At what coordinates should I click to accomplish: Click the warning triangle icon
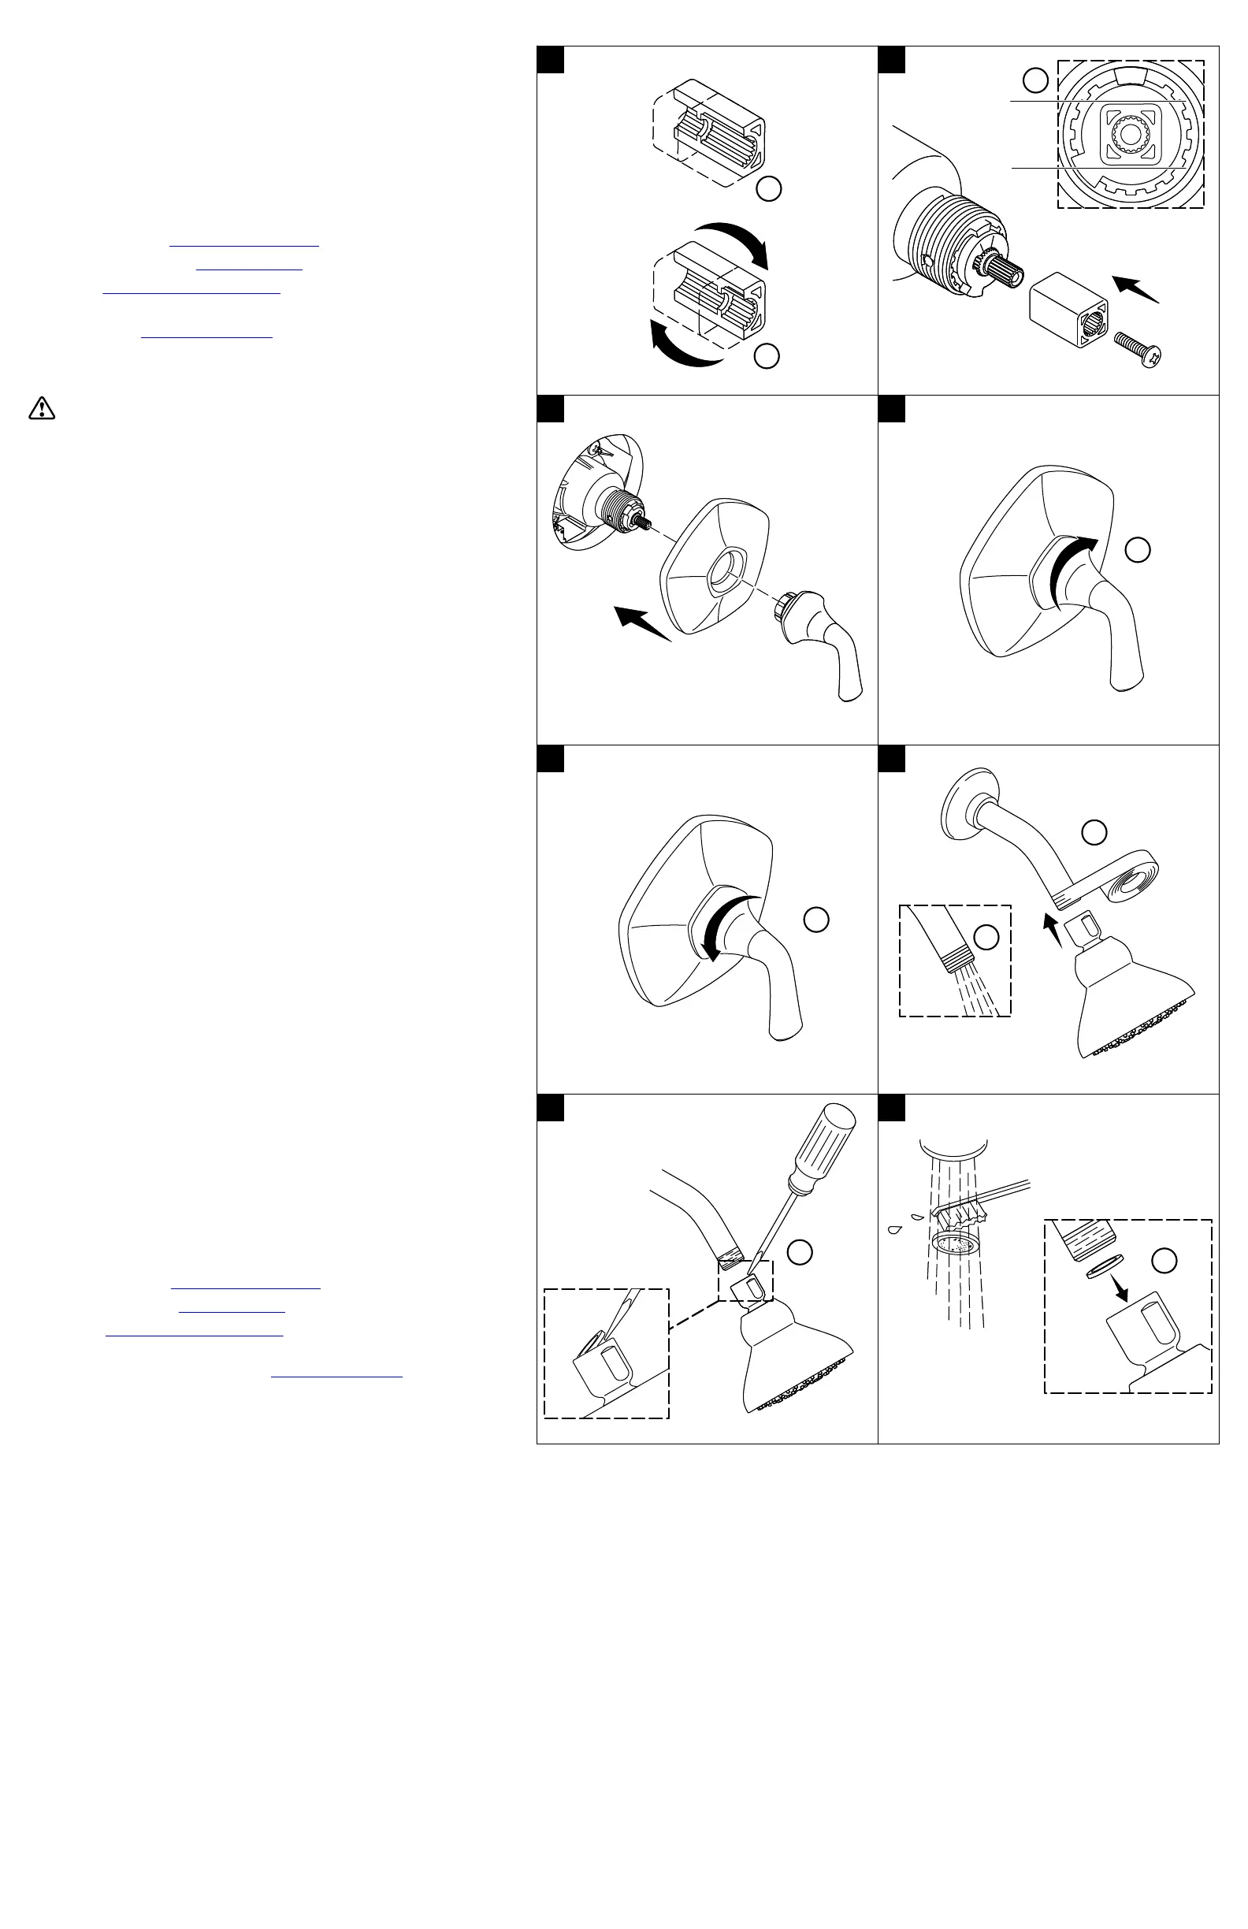coord(42,408)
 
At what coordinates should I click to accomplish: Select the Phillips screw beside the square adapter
coord(1138,348)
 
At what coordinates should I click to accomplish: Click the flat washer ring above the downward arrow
coord(1102,1268)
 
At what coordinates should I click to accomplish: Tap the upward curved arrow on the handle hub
coord(1073,568)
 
